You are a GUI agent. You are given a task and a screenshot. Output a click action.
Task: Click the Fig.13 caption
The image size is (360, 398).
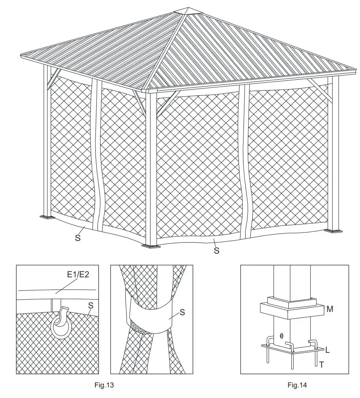pyautogui.click(x=103, y=385)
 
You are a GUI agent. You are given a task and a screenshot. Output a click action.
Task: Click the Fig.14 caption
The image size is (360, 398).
pyautogui.click(x=298, y=385)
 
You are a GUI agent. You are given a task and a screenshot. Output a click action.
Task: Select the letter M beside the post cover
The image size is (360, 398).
pyautogui.click(x=330, y=309)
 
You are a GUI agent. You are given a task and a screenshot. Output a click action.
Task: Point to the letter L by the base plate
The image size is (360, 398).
pyautogui.click(x=327, y=350)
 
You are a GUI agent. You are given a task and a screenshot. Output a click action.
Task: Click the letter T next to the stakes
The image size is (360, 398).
pyautogui.click(x=322, y=364)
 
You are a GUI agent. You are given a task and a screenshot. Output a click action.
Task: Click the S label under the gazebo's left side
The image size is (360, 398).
pyautogui.click(x=77, y=238)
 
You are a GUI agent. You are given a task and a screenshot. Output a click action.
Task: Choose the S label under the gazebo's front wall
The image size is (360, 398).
pyautogui.click(x=217, y=250)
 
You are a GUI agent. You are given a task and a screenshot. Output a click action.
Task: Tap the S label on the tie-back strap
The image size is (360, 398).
pyautogui.click(x=183, y=313)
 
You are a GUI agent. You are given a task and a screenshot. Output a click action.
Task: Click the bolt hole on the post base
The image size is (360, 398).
pyautogui.click(x=281, y=336)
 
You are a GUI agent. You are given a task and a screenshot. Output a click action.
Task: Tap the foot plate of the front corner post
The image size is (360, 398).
pyautogui.click(x=151, y=246)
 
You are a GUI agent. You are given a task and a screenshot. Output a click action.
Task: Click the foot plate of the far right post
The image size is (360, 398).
pyautogui.click(x=333, y=230)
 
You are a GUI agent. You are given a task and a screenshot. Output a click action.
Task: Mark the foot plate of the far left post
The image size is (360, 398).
pyautogui.click(x=46, y=217)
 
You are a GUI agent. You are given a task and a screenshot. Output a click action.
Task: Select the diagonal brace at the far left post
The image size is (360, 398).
pyautogui.click(x=54, y=79)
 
